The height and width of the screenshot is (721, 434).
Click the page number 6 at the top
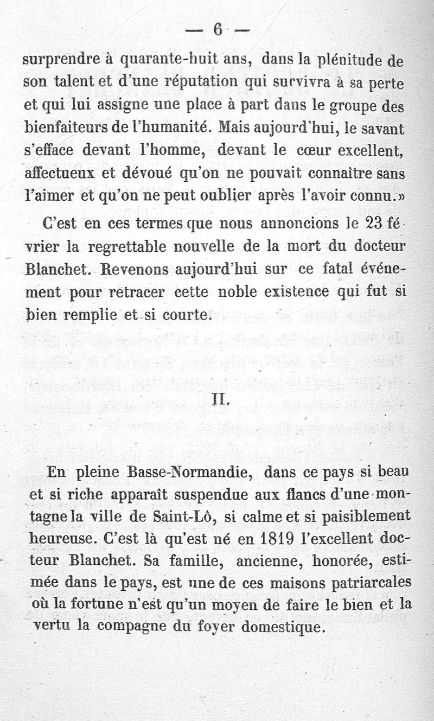(218, 30)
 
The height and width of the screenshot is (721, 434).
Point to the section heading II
(218, 403)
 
